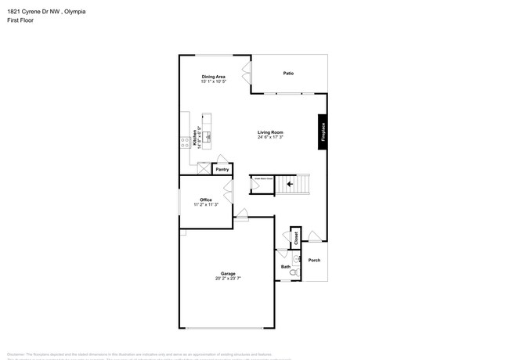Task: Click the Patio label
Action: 288,74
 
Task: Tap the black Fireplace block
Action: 322,131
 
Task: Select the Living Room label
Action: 270,132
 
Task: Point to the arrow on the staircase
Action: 288,185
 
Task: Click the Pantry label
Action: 222,169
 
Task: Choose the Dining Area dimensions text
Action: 214,81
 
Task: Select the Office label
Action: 206,200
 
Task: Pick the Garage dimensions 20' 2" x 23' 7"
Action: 228,278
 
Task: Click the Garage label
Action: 228,273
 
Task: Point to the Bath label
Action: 286,267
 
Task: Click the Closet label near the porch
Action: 296,236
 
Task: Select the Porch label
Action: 314,260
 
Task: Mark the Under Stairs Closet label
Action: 261,179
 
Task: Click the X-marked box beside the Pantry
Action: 203,168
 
